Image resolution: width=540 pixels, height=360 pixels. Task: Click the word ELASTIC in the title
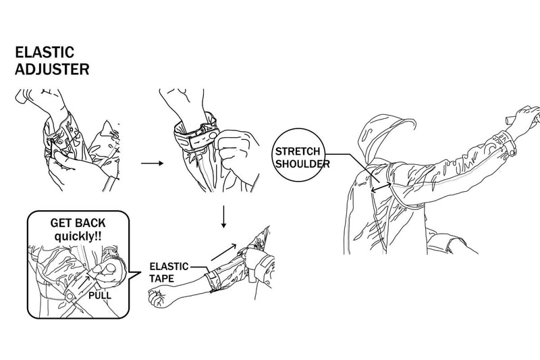(45, 53)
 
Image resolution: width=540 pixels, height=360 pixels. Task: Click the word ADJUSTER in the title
(52, 70)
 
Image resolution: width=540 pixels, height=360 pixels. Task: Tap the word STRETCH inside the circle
(298, 151)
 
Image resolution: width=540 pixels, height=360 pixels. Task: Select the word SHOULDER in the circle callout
(302, 163)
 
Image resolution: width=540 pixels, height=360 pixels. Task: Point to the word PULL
(100, 296)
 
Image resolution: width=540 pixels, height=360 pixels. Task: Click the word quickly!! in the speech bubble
(78, 236)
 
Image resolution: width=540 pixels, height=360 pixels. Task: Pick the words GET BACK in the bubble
(78, 224)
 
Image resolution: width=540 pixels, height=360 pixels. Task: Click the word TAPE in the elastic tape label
(162, 278)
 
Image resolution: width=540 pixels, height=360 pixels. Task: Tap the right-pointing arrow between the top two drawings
(153, 163)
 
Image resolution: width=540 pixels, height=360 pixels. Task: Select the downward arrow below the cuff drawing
(224, 217)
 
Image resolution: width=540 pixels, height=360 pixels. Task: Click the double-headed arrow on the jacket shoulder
(381, 187)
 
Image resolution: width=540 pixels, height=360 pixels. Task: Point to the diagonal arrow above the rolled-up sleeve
(224, 252)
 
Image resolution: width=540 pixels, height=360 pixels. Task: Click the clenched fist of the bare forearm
(160, 298)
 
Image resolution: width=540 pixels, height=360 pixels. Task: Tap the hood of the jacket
(382, 138)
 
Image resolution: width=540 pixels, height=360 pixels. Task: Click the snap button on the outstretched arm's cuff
(513, 151)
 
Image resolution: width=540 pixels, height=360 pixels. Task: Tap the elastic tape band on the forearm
(211, 282)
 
